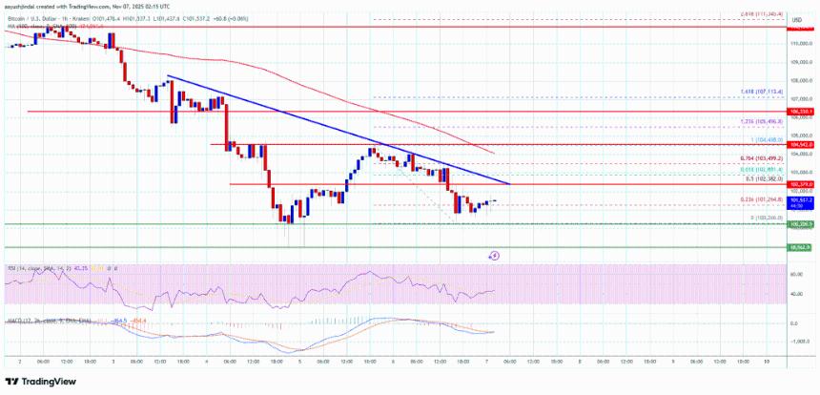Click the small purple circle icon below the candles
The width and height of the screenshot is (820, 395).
tap(495, 256)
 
